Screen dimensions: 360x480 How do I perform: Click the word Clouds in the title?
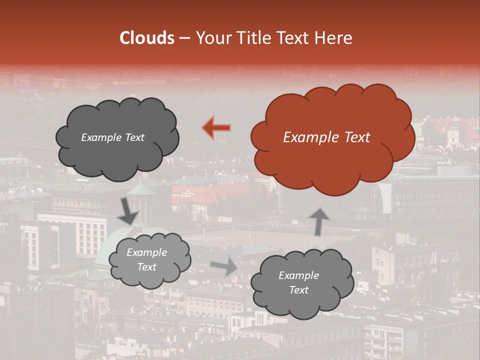tap(146, 38)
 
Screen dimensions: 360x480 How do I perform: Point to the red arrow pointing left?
tap(216, 127)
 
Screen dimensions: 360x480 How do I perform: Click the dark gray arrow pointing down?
tap(128, 211)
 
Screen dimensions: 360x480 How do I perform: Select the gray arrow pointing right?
tap(224, 266)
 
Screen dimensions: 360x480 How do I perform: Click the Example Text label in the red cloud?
tap(326, 137)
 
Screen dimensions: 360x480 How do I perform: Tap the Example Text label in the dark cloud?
tap(112, 137)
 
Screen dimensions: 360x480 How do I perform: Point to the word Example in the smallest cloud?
tap(146, 252)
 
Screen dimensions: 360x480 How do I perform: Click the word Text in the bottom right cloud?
tap(298, 290)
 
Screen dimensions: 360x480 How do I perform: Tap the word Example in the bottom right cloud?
tap(298, 275)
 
